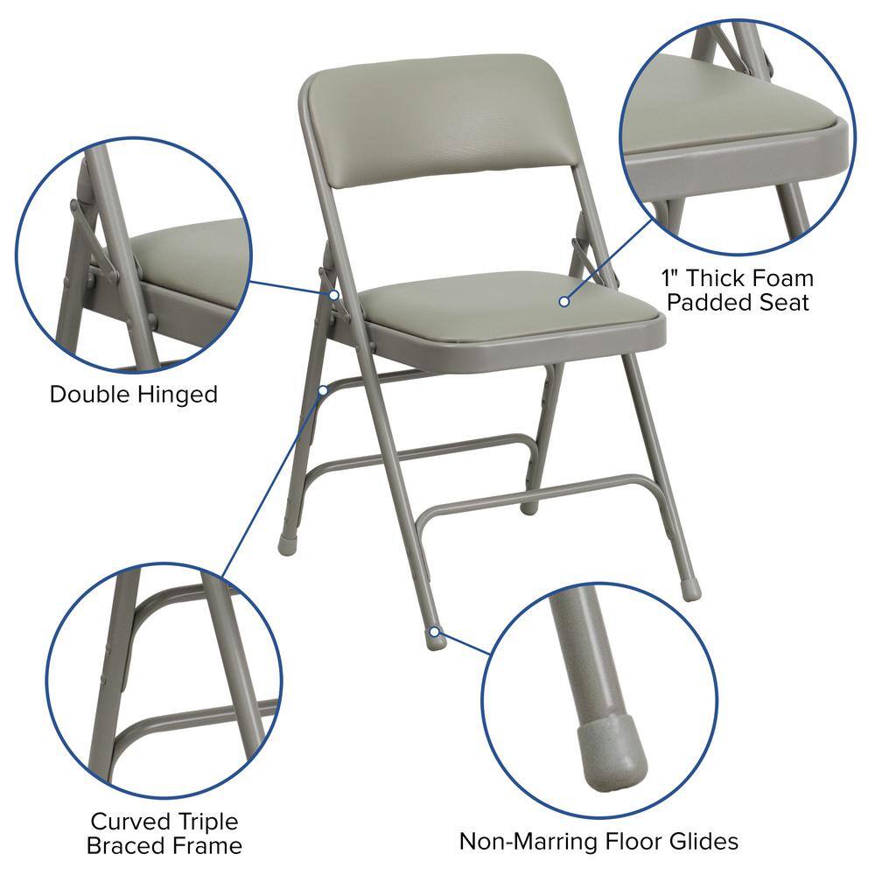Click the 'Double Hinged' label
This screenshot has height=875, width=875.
[x=133, y=394]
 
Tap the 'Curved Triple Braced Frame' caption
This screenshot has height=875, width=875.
[x=164, y=833]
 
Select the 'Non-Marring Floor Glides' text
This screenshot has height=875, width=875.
[x=598, y=842]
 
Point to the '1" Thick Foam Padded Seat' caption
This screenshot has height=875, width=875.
[x=737, y=290]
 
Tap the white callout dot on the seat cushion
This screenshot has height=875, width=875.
[x=564, y=301]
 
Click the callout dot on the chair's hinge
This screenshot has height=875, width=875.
[x=334, y=295]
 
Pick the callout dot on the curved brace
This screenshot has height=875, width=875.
[x=324, y=389]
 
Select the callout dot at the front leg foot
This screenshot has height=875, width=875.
[x=435, y=630]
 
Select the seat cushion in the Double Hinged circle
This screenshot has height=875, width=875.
[x=192, y=258]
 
